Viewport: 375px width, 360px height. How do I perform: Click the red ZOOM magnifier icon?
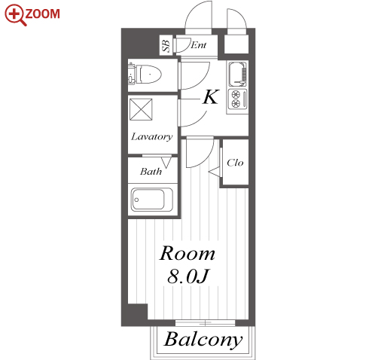[15, 14]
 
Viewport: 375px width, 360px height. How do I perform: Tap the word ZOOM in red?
[42, 14]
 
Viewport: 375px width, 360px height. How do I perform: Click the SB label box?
[166, 45]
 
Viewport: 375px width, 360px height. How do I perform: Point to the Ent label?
[198, 45]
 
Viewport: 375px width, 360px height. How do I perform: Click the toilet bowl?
[150, 75]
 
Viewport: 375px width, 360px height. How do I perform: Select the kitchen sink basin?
[237, 74]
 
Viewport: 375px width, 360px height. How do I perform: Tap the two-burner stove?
[237, 99]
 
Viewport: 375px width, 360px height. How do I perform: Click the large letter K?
[211, 97]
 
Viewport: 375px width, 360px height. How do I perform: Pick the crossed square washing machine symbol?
[141, 109]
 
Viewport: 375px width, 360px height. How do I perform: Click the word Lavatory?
[152, 137]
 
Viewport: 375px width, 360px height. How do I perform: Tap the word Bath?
[151, 172]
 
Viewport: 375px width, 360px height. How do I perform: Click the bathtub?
[152, 200]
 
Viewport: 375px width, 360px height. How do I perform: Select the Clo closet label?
[235, 163]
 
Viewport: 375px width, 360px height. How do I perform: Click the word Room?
[187, 254]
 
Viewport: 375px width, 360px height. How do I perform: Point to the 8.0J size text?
[188, 276]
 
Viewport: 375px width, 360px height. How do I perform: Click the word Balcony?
[203, 340]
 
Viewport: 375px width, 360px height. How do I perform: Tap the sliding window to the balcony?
[205, 323]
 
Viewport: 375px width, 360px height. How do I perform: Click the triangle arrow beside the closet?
[215, 172]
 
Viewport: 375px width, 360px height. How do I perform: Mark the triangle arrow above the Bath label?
[166, 162]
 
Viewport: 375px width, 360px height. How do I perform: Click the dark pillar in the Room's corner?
[138, 312]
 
